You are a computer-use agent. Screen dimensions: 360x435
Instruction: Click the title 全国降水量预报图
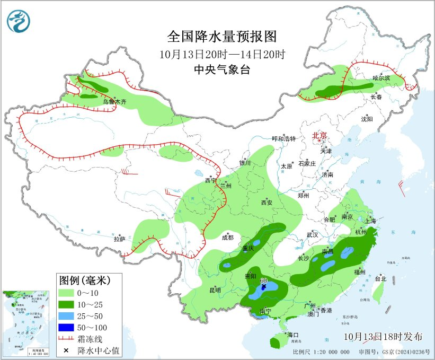[x=222, y=37]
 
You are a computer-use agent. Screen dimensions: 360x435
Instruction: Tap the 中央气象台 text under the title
[x=222, y=69]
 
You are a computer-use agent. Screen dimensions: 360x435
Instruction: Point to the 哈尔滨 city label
[x=380, y=78]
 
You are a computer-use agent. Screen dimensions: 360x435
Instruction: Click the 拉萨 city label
[x=119, y=239]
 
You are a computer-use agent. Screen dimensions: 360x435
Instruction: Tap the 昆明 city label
[x=215, y=289]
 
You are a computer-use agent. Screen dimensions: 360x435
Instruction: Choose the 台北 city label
[x=380, y=278]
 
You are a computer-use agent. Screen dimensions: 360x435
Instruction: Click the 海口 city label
[x=294, y=335]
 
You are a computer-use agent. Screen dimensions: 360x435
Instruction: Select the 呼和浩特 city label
[x=283, y=138]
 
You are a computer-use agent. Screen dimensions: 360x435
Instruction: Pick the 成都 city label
[x=228, y=238]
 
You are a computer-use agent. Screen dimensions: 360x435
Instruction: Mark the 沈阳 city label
[x=367, y=119]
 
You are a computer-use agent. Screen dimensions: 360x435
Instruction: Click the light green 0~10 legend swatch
[x=67, y=293]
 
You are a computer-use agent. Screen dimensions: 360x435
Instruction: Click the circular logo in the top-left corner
[x=19, y=21]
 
